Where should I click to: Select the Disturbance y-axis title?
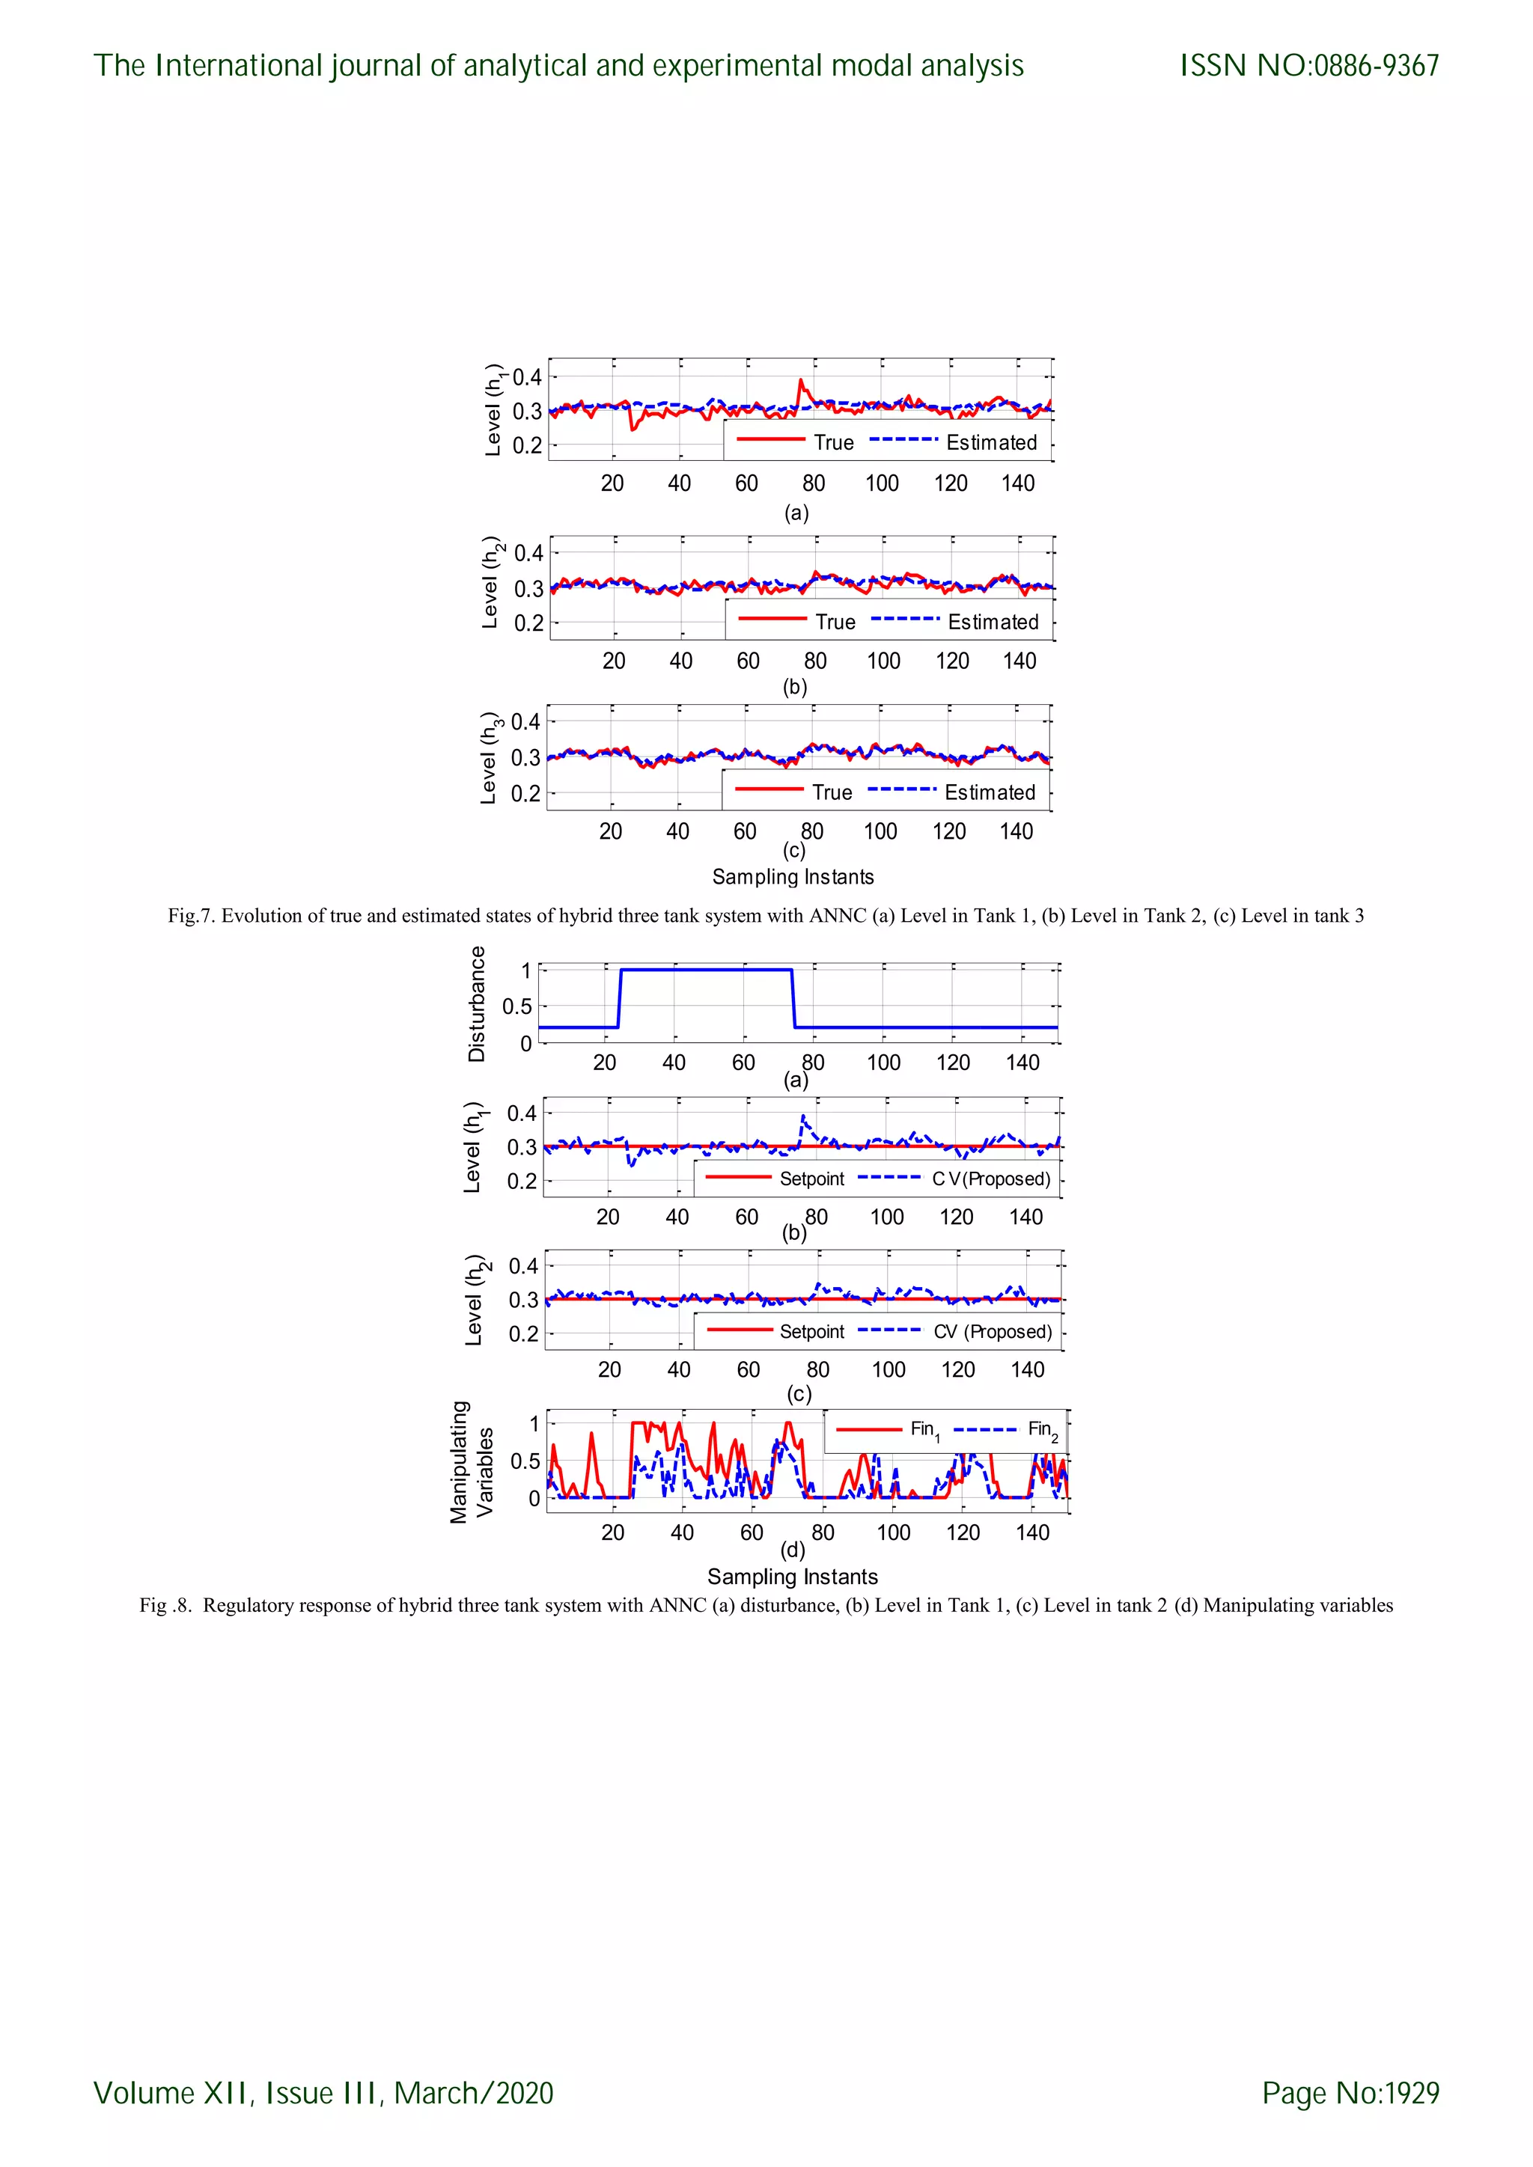coord(477,1004)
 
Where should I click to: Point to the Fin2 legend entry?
coord(1042,1430)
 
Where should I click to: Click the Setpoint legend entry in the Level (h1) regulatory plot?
coord(812,1179)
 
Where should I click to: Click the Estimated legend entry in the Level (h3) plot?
coord(990,793)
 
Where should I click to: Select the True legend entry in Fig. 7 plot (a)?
coord(834,443)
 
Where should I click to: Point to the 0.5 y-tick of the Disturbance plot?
coord(517,1007)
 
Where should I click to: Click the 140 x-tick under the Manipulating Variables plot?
coord(1033,1532)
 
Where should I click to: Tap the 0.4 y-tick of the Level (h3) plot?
coord(525,722)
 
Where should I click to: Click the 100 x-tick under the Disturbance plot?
coord(883,1063)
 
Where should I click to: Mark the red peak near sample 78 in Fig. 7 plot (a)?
coord(800,382)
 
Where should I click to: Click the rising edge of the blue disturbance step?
coord(619,998)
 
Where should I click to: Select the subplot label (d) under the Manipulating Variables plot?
coord(793,1550)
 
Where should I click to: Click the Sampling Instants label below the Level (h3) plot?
coord(793,877)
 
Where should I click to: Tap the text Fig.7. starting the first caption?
coord(192,915)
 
